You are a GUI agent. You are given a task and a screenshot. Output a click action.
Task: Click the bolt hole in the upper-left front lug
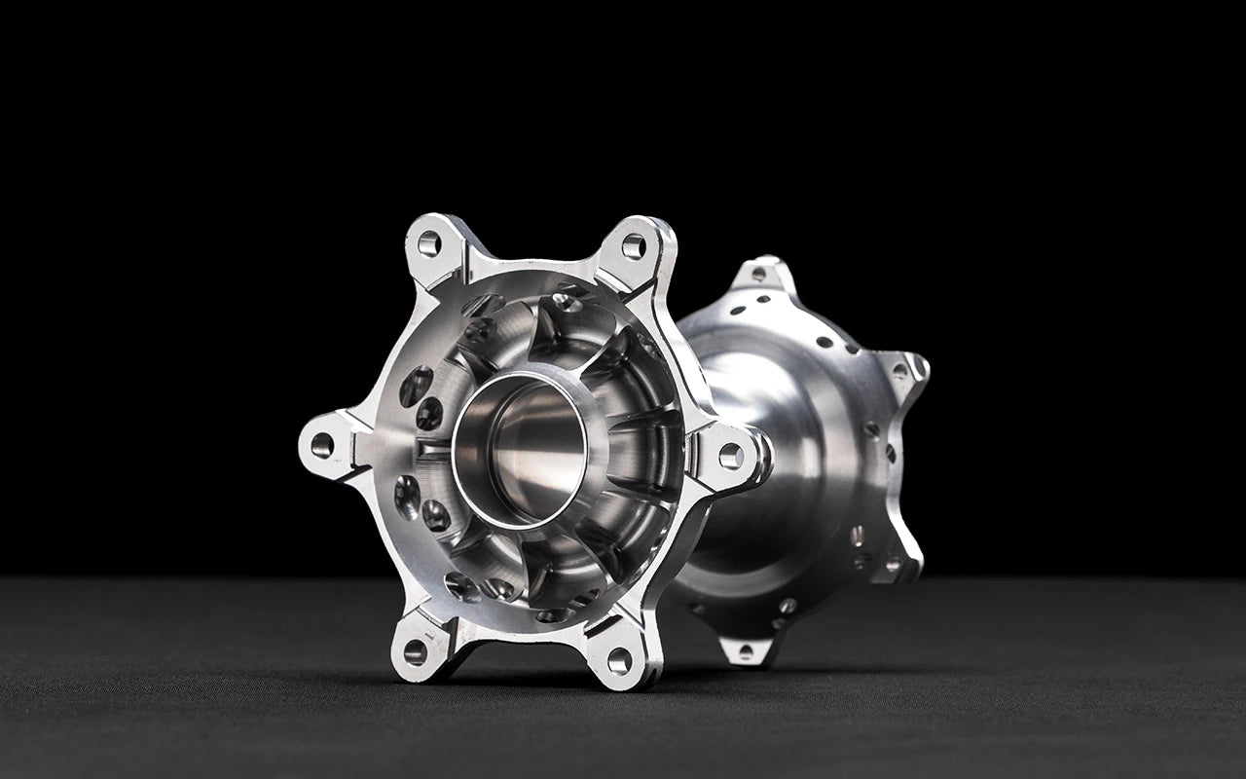point(428,243)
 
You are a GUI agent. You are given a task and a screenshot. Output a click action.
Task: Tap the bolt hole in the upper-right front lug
point(633,247)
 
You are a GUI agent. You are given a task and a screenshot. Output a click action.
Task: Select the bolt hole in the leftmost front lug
point(321,446)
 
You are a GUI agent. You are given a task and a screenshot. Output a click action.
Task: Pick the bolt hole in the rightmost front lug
point(731,456)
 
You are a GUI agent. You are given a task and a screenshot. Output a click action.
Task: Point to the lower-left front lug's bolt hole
point(415,651)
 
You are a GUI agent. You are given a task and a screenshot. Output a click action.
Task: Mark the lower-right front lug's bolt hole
point(619,660)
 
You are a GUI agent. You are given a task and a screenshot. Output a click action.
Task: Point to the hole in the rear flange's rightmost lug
point(916,368)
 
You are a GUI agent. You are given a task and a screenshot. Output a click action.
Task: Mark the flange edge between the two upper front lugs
point(531,266)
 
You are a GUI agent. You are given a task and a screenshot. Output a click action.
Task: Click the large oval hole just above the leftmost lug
point(416,386)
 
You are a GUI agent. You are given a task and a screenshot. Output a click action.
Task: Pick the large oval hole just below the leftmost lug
point(408,496)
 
